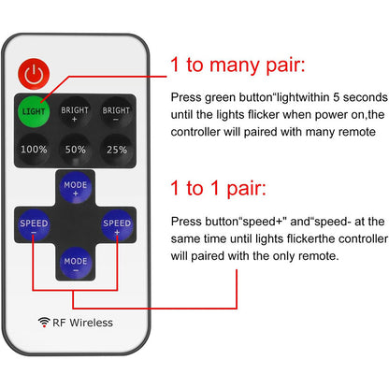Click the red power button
(x=34, y=72)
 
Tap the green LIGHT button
(x=34, y=112)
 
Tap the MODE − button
(x=75, y=260)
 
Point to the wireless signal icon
(x=44, y=323)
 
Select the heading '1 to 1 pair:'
(x=219, y=187)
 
